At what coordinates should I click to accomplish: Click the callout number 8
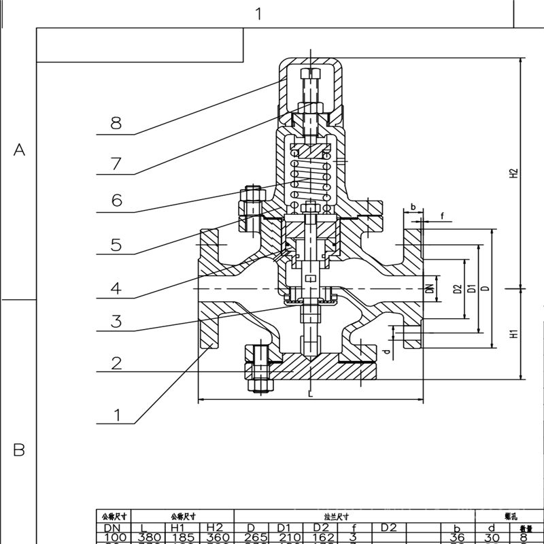click(116, 123)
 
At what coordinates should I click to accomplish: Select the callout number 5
click(116, 244)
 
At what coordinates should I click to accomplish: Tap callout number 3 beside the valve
click(116, 321)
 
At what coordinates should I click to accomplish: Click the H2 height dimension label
click(515, 173)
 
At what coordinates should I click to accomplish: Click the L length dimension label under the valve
click(309, 394)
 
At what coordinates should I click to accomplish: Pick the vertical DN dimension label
click(430, 288)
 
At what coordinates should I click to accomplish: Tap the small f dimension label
click(442, 216)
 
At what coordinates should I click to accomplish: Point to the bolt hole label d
click(386, 351)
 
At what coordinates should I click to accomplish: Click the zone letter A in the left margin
click(19, 150)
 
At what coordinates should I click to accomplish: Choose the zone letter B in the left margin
click(19, 449)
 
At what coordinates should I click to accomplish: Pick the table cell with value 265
click(251, 538)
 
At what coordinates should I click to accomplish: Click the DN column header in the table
click(112, 528)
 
